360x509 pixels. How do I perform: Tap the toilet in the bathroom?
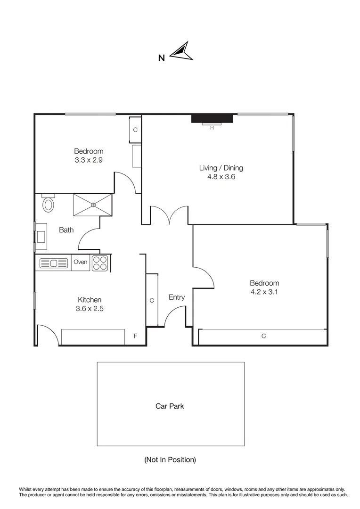pyautogui.click(x=48, y=204)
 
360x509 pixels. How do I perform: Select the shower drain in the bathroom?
pyautogui.click(x=93, y=205)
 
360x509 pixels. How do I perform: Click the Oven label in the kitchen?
pyautogui.click(x=81, y=262)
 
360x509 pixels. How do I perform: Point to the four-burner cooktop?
pyautogui.click(x=100, y=263)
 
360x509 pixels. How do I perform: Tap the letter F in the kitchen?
pyautogui.click(x=135, y=336)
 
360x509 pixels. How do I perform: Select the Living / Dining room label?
pyautogui.click(x=221, y=168)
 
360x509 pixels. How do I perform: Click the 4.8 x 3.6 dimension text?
pyautogui.click(x=221, y=177)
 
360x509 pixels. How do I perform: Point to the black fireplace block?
pyautogui.click(x=212, y=118)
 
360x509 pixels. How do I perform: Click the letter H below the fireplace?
pyautogui.click(x=212, y=128)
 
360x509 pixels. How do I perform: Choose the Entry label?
pyautogui.click(x=177, y=297)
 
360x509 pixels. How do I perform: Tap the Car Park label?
pyautogui.click(x=170, y=406)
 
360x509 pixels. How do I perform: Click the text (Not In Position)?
pyautogui.click(x=170, y=460)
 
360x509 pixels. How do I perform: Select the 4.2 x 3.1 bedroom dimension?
pyautogui.click(x=264, y=292)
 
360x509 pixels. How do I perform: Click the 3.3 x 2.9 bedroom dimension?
pyautogui.click(x=89, y=160)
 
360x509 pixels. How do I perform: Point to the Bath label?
pyautogui.click(x=66, y=230)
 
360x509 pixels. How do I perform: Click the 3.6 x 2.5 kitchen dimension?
pyautogui.click(x=90, y=309)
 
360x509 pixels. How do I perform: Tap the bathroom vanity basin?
pyautogui.click(x=41, y=236)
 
